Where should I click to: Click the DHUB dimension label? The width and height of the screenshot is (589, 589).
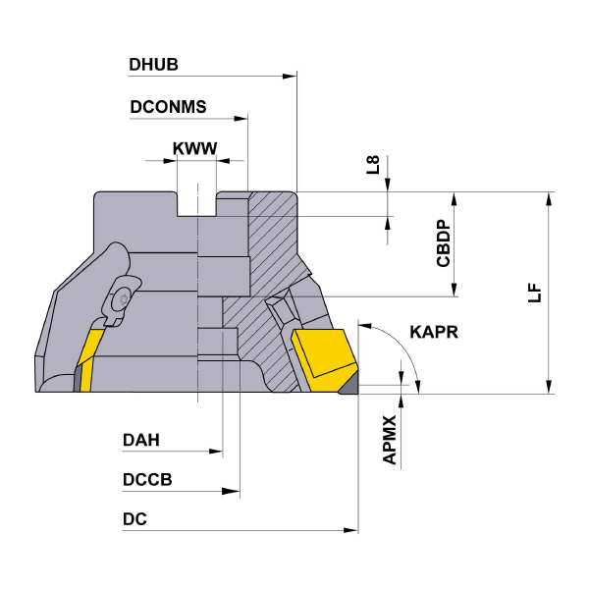(152, 65)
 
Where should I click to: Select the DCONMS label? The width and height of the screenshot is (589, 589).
(167, 107)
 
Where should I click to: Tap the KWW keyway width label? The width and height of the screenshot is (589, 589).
(194, 149)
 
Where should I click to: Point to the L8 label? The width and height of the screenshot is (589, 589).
(374, 165)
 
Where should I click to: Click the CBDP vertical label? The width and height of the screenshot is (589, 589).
(444, 242)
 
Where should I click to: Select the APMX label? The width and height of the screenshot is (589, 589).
(390, 439)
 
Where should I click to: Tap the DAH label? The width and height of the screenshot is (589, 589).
(141, 441)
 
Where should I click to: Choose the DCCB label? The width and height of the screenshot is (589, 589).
(147, 479)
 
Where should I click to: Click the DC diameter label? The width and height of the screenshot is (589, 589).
(135, 519)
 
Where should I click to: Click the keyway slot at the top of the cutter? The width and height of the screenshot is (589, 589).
(197, 204)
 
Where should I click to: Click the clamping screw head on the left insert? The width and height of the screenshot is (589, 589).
(121, 298)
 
